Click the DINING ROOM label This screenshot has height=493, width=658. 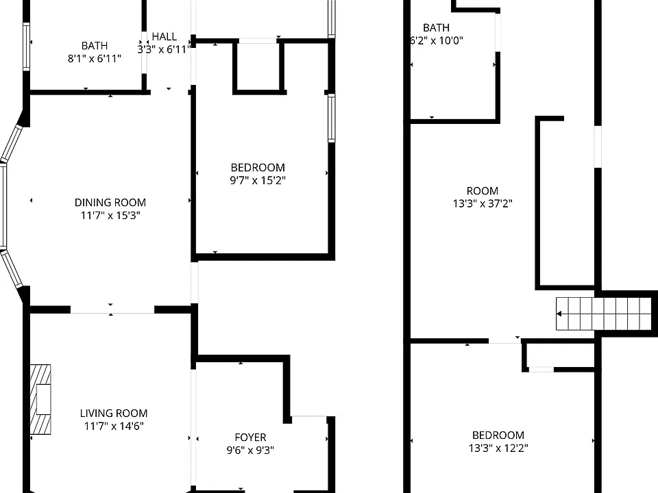click(110, 203)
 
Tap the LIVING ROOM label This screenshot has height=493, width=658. click(114, 414)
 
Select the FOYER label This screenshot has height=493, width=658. click(251, 438)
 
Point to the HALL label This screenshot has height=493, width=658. click(164, 37)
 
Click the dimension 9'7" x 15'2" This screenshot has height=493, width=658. click(258, 181)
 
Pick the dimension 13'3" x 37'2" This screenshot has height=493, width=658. click(483, 204)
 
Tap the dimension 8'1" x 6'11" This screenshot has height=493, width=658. click(95, 59)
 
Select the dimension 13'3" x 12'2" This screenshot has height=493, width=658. click(498, 448)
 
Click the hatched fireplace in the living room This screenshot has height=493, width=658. click(40, 399)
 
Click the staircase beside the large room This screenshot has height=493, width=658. click(603, 314)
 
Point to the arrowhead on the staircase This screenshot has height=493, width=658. click(559, 314)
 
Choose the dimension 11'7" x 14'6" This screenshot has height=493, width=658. click(114, 427)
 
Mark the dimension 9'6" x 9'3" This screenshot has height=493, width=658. click(251, 451)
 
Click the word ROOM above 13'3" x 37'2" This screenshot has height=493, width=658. click(483, 191)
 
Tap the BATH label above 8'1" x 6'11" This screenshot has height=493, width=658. click(95, 46)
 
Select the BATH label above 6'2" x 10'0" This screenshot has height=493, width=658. click(437, 27)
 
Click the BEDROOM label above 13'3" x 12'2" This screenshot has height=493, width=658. click(498, 435)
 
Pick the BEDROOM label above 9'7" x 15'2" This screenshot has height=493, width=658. click(258, 168)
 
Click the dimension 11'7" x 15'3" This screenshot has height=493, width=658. click(110, 216)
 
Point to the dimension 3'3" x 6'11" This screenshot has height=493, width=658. click(164, 49)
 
